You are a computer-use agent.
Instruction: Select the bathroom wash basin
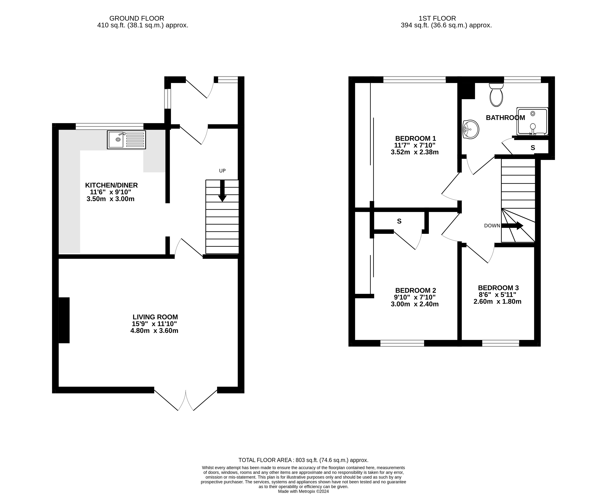(471, 130)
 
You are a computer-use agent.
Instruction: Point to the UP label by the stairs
(222, 171)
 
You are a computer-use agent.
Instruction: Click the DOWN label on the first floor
(492, 226)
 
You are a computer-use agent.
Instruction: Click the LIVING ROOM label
(155, 317)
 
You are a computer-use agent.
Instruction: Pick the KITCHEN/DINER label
(111, 185)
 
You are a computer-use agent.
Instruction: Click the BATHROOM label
(506, 117)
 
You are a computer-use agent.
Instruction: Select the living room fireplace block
(64, 320)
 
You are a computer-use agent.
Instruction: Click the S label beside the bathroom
(533, 148)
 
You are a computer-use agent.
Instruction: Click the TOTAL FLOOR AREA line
(303, 460)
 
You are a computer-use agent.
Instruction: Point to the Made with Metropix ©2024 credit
(303, 491)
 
